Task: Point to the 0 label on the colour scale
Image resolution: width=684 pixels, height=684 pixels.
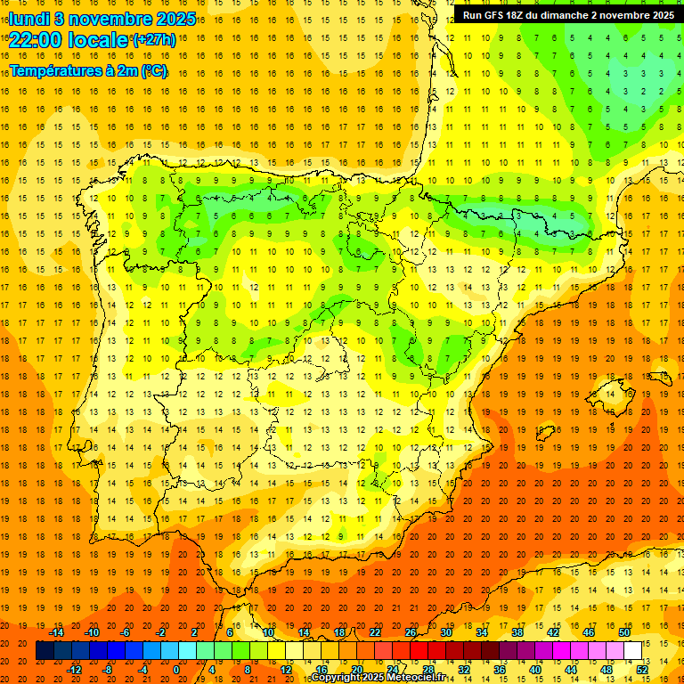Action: click(176, 669)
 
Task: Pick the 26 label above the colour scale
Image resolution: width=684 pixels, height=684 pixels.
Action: click(411, 632)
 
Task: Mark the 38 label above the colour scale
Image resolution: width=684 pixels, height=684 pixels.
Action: click(517, 632)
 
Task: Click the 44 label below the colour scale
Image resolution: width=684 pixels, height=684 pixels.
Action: click(571, 669)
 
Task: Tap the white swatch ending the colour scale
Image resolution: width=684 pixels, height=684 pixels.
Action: click(632, 650)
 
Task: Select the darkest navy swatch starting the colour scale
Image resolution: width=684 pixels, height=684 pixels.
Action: click(45, 650)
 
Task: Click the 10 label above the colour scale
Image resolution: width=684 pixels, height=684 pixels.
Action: click(268, 632)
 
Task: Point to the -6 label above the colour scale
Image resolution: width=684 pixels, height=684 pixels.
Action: click(125, 632)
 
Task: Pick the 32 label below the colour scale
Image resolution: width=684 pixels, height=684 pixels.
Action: click(464, 669)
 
